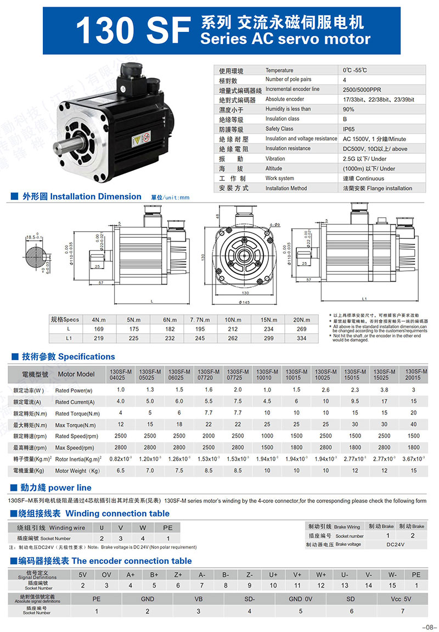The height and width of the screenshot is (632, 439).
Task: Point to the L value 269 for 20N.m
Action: [301, 329]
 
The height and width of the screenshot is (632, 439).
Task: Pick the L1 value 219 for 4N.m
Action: [99, 339]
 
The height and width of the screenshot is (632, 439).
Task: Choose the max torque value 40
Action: [413, 424]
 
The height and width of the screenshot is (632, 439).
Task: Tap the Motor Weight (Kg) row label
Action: [77, 471]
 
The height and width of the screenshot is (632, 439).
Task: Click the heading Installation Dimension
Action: [95, 197]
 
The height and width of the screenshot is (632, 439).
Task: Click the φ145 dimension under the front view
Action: [244, 303]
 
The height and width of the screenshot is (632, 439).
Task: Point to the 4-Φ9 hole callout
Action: [275, 225]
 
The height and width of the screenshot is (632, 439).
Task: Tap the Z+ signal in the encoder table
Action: [178, 575]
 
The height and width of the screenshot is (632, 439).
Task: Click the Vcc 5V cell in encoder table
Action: [402, 599]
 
